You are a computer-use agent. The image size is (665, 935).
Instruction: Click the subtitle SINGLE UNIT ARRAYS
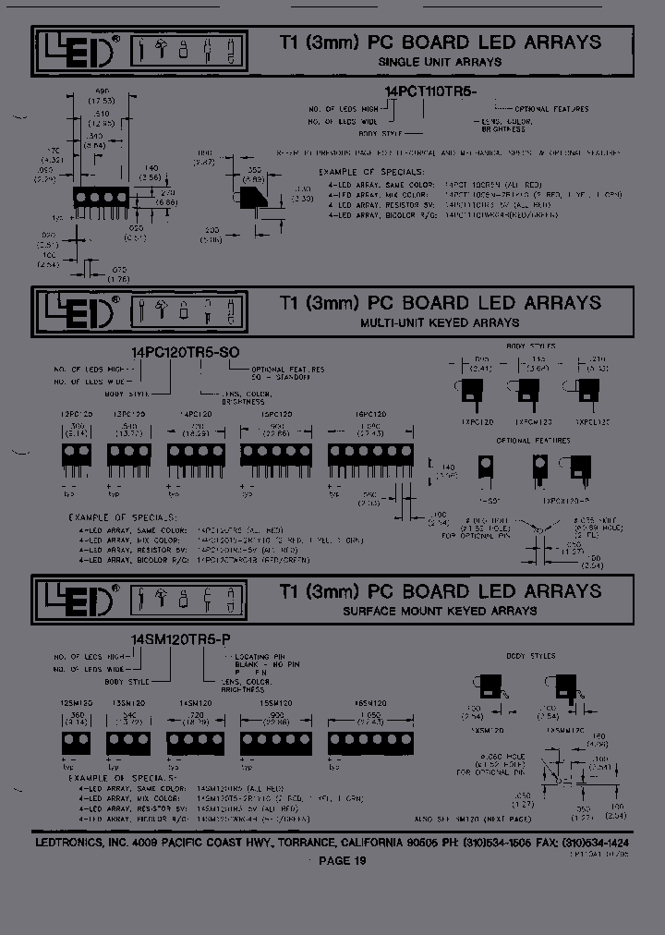[440, 62]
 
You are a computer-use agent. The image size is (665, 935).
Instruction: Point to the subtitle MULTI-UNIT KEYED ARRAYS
[440, 322]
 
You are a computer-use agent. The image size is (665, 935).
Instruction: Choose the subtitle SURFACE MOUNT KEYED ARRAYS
[440, 611]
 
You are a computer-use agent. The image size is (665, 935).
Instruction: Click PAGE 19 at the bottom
[342, 861]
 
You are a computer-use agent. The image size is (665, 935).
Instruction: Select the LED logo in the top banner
[78, 50]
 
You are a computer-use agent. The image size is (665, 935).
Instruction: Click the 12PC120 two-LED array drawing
[76, 455]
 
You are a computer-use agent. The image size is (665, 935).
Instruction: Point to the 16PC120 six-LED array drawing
[369, 455]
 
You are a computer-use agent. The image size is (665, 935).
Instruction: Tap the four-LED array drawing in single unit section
[94, 199]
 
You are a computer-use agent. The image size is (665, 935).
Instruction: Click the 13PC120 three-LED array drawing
[128, 455]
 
